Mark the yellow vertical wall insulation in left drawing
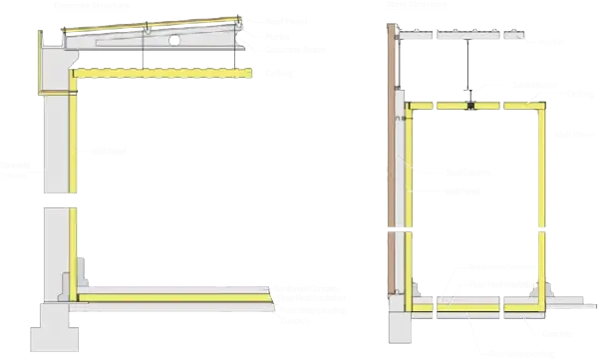(x=74, y=180)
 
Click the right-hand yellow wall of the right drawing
(x=540, y=199)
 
